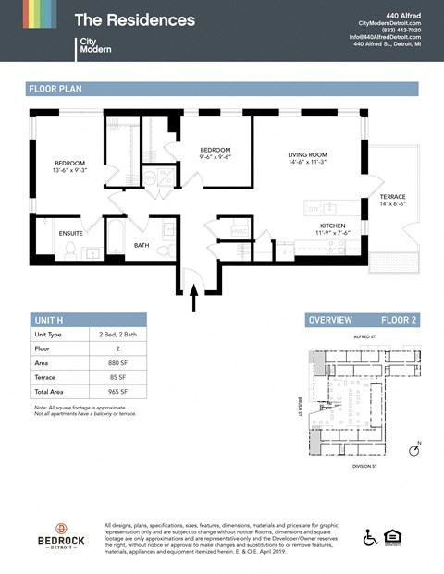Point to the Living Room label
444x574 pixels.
pyautogui.click(x=307, y=154)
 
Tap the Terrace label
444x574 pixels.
pyautogui.click(x=392, y=197)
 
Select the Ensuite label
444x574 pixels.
pyautogui.click(x=70, y=233)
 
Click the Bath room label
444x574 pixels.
pyautogui.click(x=141, y=245)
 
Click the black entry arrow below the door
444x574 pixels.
pyautogui.click(x=193, y=297)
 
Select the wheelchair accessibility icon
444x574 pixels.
pyautogui.click(x=369, y=537)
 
